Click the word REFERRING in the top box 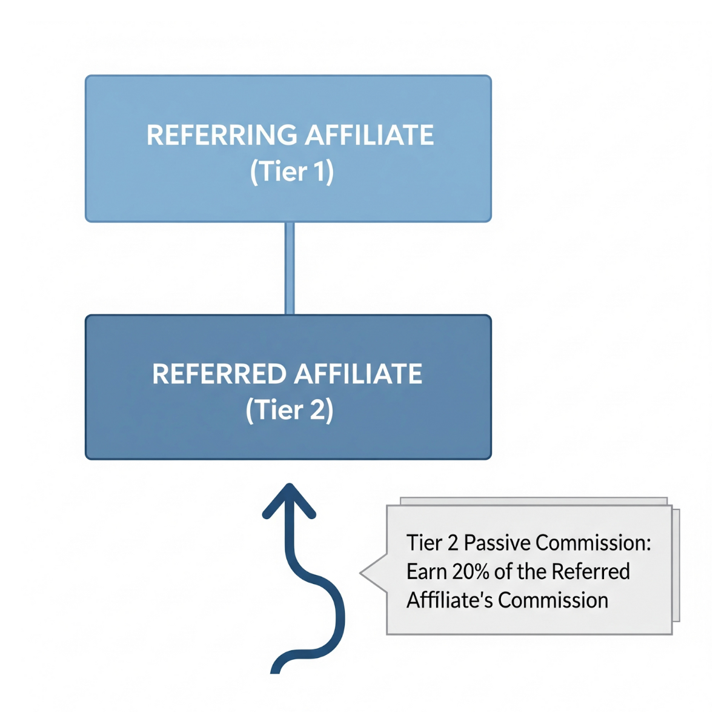[222, 135]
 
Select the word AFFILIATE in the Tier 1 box [369, 135]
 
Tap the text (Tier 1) [291, 171]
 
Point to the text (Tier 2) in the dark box [290, 410]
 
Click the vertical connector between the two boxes [290, 268]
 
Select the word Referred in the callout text [591, 571]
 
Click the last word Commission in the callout [553, 600]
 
